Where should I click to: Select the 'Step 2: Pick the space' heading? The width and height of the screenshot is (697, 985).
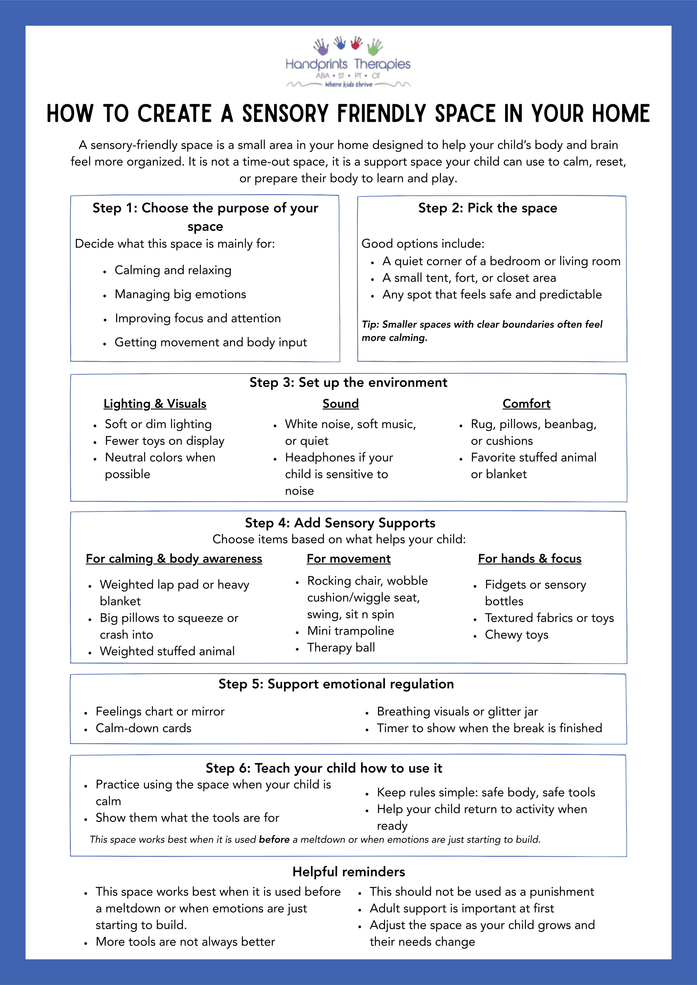pyautogui.click(x=487, y=208)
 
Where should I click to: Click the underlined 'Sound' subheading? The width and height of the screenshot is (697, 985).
pyautogui.click(x=340, y=404)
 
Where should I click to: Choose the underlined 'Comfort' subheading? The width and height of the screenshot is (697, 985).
pyautogui.click(x=526, y=404)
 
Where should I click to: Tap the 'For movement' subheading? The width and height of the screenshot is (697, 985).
pyautogui.click(x=348, y=559)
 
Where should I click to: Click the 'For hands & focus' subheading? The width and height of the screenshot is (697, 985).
pyautogui.click(x=530, y=559)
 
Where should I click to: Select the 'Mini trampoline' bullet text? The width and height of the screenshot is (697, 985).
pyautogui.click(x=350, y=631)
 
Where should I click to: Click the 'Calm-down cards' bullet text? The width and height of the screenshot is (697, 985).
pyautogui.click(x=144, y=728)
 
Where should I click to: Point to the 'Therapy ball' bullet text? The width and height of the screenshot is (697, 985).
pyautogui.click(x=341, y=647)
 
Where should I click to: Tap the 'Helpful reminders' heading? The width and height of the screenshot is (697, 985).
pyautogui.click(x=349, y=872)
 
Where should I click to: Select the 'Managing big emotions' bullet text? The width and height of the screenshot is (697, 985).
pyautogui.click(x=180, y=294)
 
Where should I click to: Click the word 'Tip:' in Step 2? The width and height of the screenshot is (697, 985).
pyautogui.click(x=370, y=324)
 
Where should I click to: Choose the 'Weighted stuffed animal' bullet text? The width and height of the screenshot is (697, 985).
pyautogui.click(x=167, y=651)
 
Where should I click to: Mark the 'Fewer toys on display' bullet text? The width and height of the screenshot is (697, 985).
pyautogui.click(x=164, y=441)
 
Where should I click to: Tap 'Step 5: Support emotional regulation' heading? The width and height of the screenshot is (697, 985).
pyautogui.click(x=336, y=684)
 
